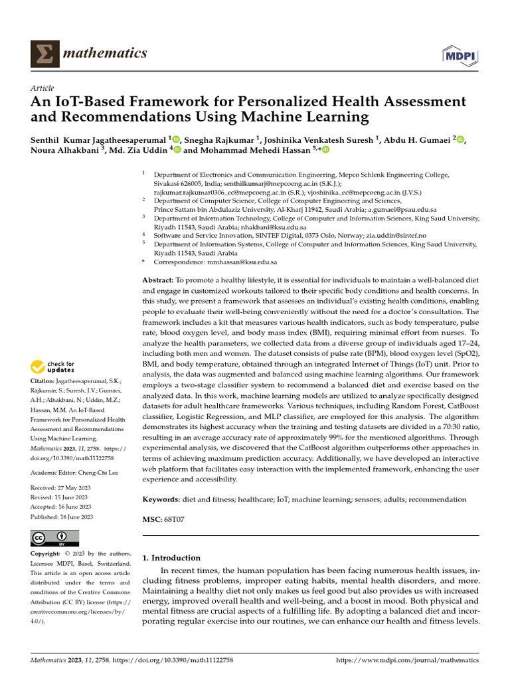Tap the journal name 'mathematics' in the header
click(105, 53)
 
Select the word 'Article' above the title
click(42, 88)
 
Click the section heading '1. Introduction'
click(172, 558)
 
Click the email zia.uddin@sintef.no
click(396, 235)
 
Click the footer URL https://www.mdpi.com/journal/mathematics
click(408, 661)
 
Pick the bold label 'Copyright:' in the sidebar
click(47, 554)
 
